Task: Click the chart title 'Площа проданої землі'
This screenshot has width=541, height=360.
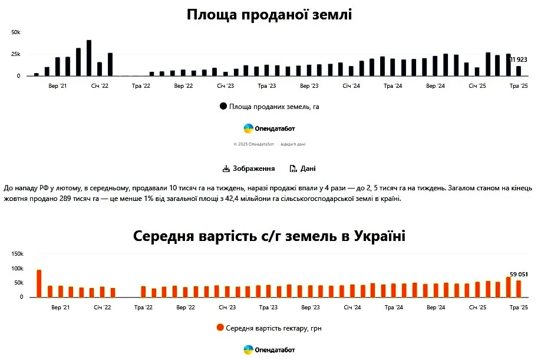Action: tap(269, 15)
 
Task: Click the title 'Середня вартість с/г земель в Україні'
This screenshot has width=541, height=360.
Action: tap(269, 236)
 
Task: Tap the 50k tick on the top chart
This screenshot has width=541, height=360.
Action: tap(16, 32)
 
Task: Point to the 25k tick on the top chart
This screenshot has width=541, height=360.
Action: tap(16, 54)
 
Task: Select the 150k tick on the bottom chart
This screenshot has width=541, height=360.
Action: tap(17, 254)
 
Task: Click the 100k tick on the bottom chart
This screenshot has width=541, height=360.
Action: tap(17, 269)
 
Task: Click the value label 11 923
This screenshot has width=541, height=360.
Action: tap(519, 60)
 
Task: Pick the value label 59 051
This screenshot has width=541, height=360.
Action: tap(519, 275)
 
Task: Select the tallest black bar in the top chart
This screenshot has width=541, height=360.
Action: tap(89, 58)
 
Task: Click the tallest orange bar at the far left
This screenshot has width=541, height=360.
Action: tap(39, 283)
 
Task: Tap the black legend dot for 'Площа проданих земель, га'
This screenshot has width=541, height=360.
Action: tap(223, 107)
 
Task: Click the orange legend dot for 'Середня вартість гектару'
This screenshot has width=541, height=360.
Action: tap(220, 328)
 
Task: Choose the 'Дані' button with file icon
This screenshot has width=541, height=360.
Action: tap(303, 169)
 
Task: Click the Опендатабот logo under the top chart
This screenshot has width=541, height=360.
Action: tap(269, 128)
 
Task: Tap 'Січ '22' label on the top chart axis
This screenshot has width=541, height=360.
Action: tap(100, 86)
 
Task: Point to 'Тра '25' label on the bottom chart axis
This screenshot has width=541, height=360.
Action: tap(519, 308)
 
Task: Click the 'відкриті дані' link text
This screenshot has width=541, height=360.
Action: tap(293, 144)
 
